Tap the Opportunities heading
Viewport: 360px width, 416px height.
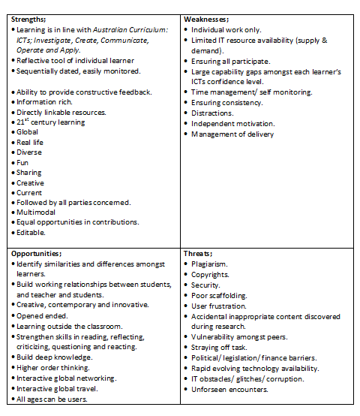[37, 254]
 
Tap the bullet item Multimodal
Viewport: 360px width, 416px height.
[38, 213]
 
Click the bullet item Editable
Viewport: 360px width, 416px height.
[31, 233]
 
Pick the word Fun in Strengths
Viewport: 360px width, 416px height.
[23, 162]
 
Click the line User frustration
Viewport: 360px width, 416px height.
[219, 306]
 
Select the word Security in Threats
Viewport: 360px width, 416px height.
[205, 285]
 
